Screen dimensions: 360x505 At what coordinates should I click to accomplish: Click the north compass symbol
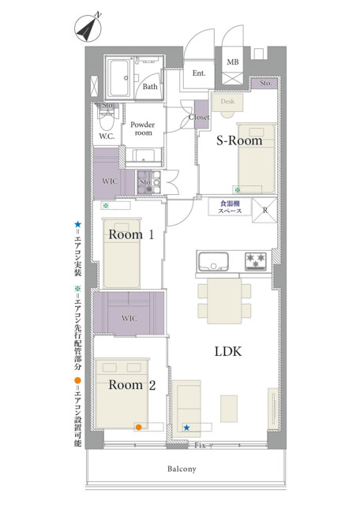[x=88, y=28]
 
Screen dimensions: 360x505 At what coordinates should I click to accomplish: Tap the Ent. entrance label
[x=199, y=73]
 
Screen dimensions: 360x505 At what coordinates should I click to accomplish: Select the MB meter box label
[x=233, y=62]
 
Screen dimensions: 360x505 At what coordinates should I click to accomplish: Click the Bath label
[x=150, y=86]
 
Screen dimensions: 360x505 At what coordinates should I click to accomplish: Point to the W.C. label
[x=107, y=136]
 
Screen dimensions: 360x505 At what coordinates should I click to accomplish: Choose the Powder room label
[x=142, y=129]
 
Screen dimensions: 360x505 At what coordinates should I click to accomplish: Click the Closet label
[x=199, y=118]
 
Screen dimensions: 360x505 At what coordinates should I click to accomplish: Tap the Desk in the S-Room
[x=227, y=103]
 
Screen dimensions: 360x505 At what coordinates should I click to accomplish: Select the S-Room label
[x=239, y=140]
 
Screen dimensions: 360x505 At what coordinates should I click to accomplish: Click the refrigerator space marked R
[x=265, y=211]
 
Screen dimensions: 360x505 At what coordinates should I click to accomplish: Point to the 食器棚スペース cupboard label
[x=230, y=207]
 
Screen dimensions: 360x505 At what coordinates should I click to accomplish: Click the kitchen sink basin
[x=213, y=262]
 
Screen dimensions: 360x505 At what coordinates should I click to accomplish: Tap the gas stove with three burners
[x=256, y=261]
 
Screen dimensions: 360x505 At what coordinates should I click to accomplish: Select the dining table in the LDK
[x=224, y=301]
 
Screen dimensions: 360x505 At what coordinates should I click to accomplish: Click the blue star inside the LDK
[x=186, y=428]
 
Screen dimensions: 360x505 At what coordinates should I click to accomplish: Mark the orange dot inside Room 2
[x=139, y=428]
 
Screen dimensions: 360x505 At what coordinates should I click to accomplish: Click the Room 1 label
[x=131, y=234]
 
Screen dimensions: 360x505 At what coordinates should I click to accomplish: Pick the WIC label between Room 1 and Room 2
[x=129, y=319]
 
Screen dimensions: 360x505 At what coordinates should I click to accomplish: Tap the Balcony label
[x=182, y=469]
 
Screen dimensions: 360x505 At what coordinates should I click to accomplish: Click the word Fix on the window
[x=200, y=446]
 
